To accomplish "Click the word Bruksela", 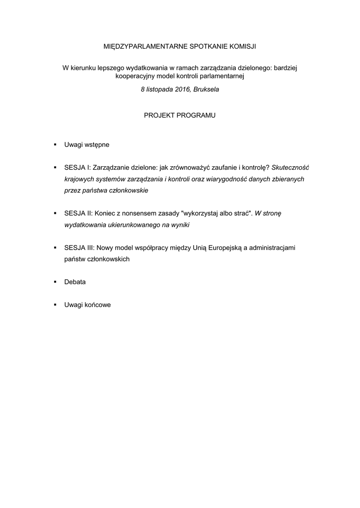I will (207, 90).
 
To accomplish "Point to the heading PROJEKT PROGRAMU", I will (180, 115).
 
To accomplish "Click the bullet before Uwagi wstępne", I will (55, 145).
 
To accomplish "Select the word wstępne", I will (96, 145).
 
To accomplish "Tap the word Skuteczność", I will (290, 167).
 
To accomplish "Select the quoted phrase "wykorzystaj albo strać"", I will (217, 213).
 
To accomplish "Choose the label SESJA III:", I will (79, 247).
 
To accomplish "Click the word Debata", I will (75, 281).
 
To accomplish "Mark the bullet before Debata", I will (55, 281).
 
